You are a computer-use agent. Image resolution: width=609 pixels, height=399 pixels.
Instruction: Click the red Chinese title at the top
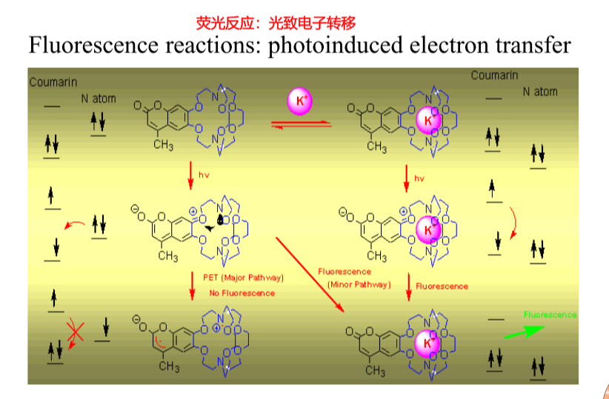(x=276, y=23)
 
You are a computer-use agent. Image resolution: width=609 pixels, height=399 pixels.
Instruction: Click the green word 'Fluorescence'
(x=550, y=315)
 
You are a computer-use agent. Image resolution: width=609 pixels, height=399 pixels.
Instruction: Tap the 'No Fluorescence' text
(x=242, y=293)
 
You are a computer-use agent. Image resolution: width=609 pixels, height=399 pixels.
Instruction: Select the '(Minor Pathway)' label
(x=359, y=285)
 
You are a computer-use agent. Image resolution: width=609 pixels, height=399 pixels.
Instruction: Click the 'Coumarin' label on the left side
(x=53, y=82)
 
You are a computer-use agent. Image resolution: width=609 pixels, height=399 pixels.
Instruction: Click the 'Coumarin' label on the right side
(x=494, y=76)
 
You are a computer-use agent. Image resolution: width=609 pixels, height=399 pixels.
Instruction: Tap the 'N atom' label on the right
(x=540, y=92)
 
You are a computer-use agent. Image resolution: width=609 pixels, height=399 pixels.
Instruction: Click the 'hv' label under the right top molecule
(x=419, y=178)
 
